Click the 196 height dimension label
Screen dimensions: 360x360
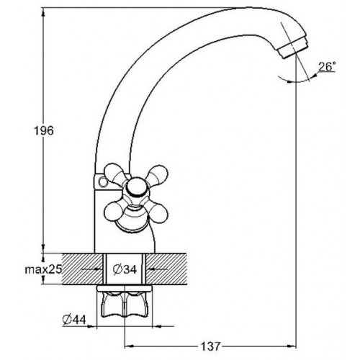click(44, 131)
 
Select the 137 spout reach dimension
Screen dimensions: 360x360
click(210, 346)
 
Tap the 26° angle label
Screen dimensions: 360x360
click(327, 66)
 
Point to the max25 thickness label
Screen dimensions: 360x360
click(43, 269)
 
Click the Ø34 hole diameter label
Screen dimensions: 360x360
click(125, 269)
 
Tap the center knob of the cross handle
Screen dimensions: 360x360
click(135, 187)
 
